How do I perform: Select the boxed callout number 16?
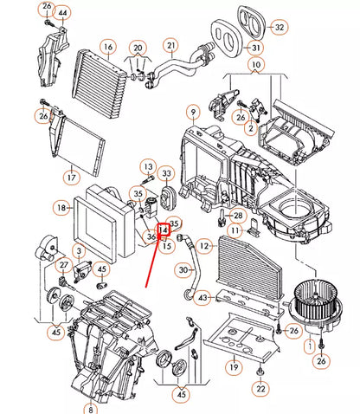click(107, 46)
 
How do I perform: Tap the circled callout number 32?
click(279, 28)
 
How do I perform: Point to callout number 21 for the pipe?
click(171, 45)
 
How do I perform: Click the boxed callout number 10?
click(256, 65)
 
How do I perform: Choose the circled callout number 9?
click(192, 111)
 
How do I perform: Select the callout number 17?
click(70, 178)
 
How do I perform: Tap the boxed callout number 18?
click(61, 209)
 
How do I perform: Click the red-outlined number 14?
click(163, 230)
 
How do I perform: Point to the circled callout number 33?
click(167, 175)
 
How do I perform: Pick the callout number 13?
click(148, 166)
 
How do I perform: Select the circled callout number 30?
click(183, 270)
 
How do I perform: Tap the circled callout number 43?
click(202, 299)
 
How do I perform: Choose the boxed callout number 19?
click(234, 368)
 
